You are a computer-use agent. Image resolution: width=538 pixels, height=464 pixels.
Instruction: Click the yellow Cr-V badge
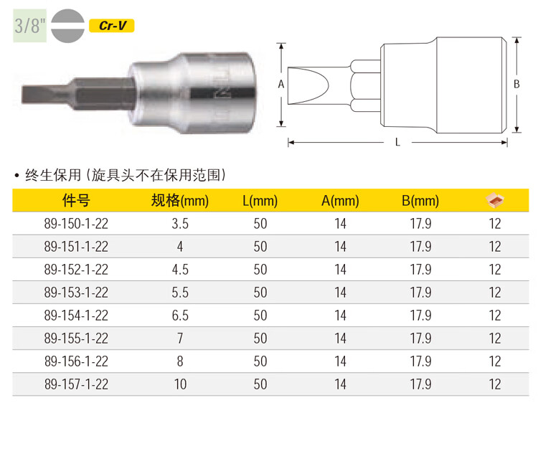tap(111, 26)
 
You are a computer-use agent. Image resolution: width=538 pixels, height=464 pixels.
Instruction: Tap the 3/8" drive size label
tap(30, 26)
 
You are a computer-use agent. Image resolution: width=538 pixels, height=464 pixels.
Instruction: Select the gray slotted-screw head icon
tap(67, 26)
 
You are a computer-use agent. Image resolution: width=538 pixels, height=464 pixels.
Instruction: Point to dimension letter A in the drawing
tap(281, 84)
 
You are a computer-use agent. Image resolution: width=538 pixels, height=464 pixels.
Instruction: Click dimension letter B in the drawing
tap(516, 84)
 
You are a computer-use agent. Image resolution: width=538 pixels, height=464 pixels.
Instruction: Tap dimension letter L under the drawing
tap(397, 142)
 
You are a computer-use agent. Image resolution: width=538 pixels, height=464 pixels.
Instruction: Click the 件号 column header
tap(76, 200)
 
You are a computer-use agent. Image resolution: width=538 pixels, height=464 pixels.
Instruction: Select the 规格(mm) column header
tap(180, 201)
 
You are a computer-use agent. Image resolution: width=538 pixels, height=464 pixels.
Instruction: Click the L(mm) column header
tap(260, 201)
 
